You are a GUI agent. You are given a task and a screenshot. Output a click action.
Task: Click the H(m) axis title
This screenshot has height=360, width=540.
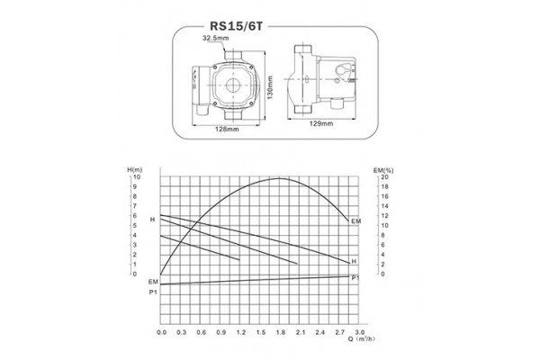click(136, 171)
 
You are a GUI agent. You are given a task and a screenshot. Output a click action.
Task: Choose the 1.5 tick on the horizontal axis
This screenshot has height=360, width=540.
click(260, 331)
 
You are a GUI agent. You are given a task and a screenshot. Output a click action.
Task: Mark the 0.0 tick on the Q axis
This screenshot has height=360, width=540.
click(162, 331)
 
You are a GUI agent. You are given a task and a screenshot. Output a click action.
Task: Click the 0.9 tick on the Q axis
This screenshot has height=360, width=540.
click(220, 331)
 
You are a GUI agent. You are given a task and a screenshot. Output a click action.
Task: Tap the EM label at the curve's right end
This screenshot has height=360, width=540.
click(355, 220)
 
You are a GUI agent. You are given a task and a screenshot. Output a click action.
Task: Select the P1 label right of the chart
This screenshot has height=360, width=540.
click(356, 278)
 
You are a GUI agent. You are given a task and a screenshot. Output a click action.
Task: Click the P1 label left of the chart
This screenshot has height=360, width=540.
click(152, 292)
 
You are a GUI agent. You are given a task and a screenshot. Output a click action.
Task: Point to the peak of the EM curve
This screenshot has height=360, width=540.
click(281, 179)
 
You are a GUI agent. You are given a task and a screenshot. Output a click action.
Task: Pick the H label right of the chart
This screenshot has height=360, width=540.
click(354, 262)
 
